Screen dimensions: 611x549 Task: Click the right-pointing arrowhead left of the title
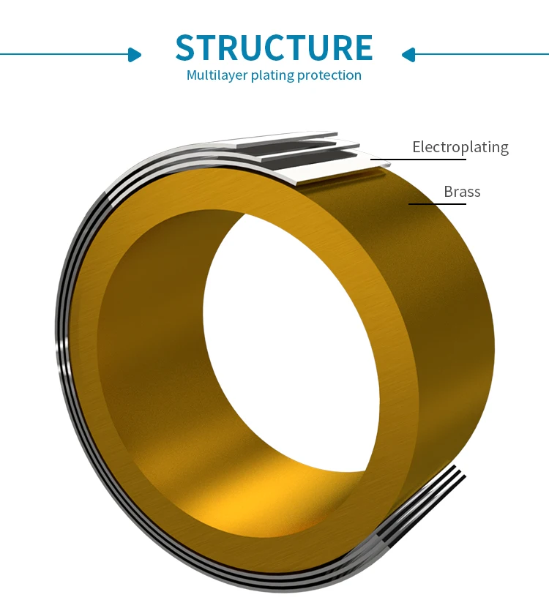point(135,54)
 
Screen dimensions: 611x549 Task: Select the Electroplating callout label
point(460,147)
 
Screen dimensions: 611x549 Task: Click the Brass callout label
point(462,192)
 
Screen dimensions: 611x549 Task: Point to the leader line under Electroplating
point(417,159)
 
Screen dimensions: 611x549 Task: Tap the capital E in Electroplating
point(417,147)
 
